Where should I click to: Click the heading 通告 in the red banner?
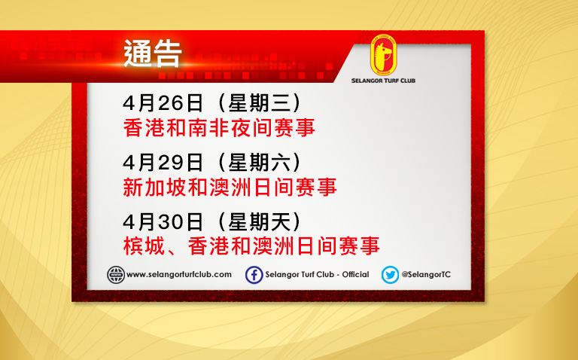(x=153, y=54)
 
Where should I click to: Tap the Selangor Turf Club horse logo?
(x=383, y=55)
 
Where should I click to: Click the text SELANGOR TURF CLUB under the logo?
(x=383, y=81)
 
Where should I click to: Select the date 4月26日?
(x=163, y=103)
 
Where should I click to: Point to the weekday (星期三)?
(x=260, y=103)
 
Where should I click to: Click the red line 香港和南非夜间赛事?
(x=219, y=128)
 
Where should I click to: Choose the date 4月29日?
(x=163, y=162)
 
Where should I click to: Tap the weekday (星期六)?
(x=260, y=162)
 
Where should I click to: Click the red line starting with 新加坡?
(x=230, y=188)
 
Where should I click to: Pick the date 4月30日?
(x=163, y=222)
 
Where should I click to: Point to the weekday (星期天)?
(x=260, y=222)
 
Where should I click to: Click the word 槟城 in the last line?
(x=144, y=246)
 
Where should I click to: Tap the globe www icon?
(x=116, y=275)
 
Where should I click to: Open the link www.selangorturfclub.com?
(x=179, y=275)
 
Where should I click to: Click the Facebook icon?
(x=254, y=275)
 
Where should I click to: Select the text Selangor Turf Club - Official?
(x=317, y=275)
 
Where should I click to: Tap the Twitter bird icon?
(x=390, y=275)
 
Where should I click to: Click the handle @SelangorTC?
(x=426, y=275)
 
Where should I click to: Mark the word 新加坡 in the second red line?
(x=154, y=188)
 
